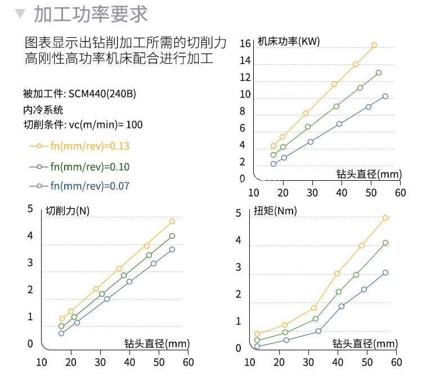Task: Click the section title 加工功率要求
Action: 91,14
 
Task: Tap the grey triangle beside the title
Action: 20,14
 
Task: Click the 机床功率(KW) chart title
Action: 288,41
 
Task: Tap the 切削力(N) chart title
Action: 68,211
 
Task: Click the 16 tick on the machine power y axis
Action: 245,44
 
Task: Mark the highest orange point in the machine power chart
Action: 374,45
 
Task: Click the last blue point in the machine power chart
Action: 385,96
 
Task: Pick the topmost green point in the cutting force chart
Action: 172,236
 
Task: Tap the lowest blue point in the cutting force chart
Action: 61,333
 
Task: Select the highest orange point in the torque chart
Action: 386,218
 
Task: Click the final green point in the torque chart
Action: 385,243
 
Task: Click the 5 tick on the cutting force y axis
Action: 30,209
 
